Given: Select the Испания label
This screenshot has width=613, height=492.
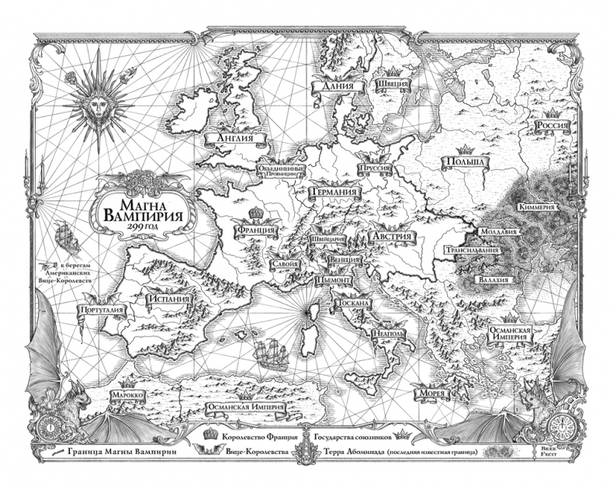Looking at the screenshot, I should pos(171,298).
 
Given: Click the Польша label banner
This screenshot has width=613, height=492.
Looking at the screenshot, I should pos(463,162).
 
